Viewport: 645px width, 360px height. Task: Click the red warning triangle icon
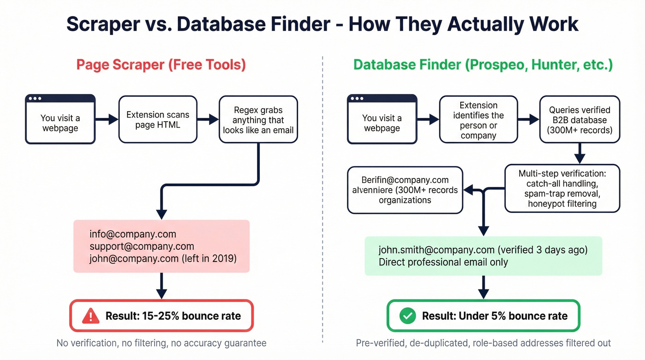pos(91,316)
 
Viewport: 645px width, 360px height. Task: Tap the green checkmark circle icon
pos(407,316)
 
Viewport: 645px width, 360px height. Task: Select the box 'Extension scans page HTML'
pos(158,119)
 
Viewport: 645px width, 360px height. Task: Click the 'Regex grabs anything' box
pos(258,119)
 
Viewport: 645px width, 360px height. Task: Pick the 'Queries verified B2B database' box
pos(580,119)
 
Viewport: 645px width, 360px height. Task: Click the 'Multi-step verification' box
pos(562,189)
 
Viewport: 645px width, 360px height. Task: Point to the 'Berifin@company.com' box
pos(405,190)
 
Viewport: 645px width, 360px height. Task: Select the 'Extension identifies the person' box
pos(478,119)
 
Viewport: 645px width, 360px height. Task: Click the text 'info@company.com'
pos(133,234)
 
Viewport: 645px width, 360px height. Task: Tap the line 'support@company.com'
pos(142,246)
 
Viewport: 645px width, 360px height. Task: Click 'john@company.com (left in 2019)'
pos(163,258)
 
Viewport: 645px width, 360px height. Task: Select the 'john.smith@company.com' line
pos(483,250)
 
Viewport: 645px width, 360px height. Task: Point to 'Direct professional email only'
pos(443,262)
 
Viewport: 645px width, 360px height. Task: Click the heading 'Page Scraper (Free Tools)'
pos(161,65)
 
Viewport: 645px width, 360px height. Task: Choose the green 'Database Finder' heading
pos(483,65)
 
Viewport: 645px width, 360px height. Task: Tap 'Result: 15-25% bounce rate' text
pos(173,316)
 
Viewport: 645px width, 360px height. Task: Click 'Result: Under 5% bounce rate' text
pos(494,316)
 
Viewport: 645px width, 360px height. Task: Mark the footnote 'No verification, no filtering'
pos(161,343)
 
